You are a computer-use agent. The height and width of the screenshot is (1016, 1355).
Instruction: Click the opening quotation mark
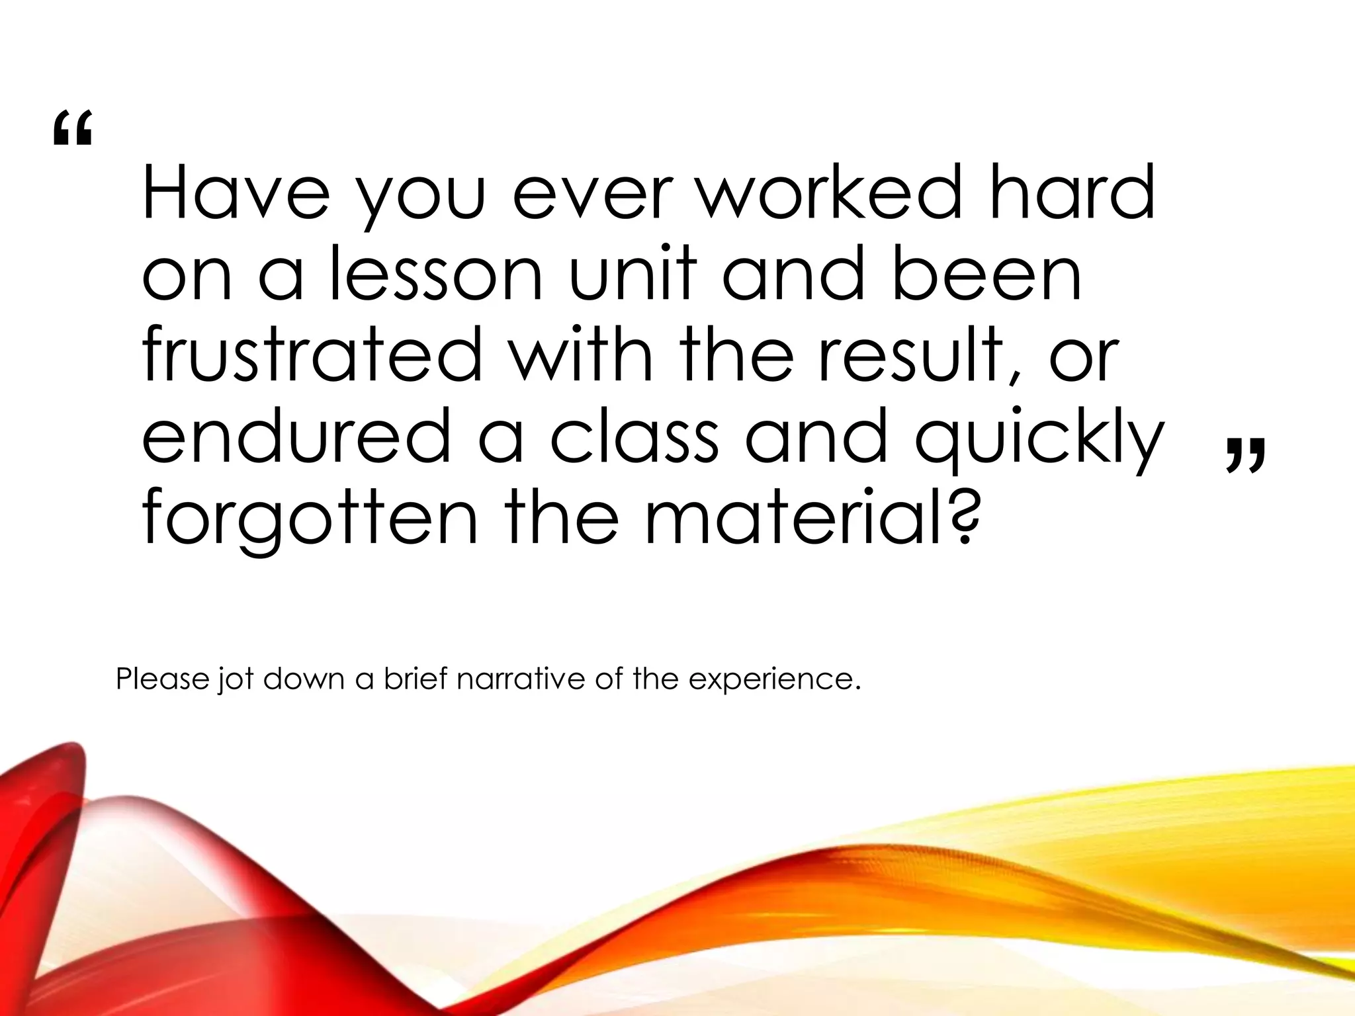(x=72, y=128)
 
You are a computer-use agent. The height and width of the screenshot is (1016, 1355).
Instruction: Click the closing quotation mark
(x=1246, y=454)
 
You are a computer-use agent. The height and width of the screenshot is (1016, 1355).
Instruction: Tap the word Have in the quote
(x=236, y=193)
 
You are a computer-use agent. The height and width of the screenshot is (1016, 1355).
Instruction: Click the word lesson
(x=436, y=273)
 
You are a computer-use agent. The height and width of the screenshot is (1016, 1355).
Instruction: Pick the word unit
(x=633, y=273)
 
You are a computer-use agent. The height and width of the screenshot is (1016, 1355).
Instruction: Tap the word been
(x=986, y=273)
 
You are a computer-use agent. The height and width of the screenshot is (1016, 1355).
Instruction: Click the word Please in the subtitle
(x=163, y=679)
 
